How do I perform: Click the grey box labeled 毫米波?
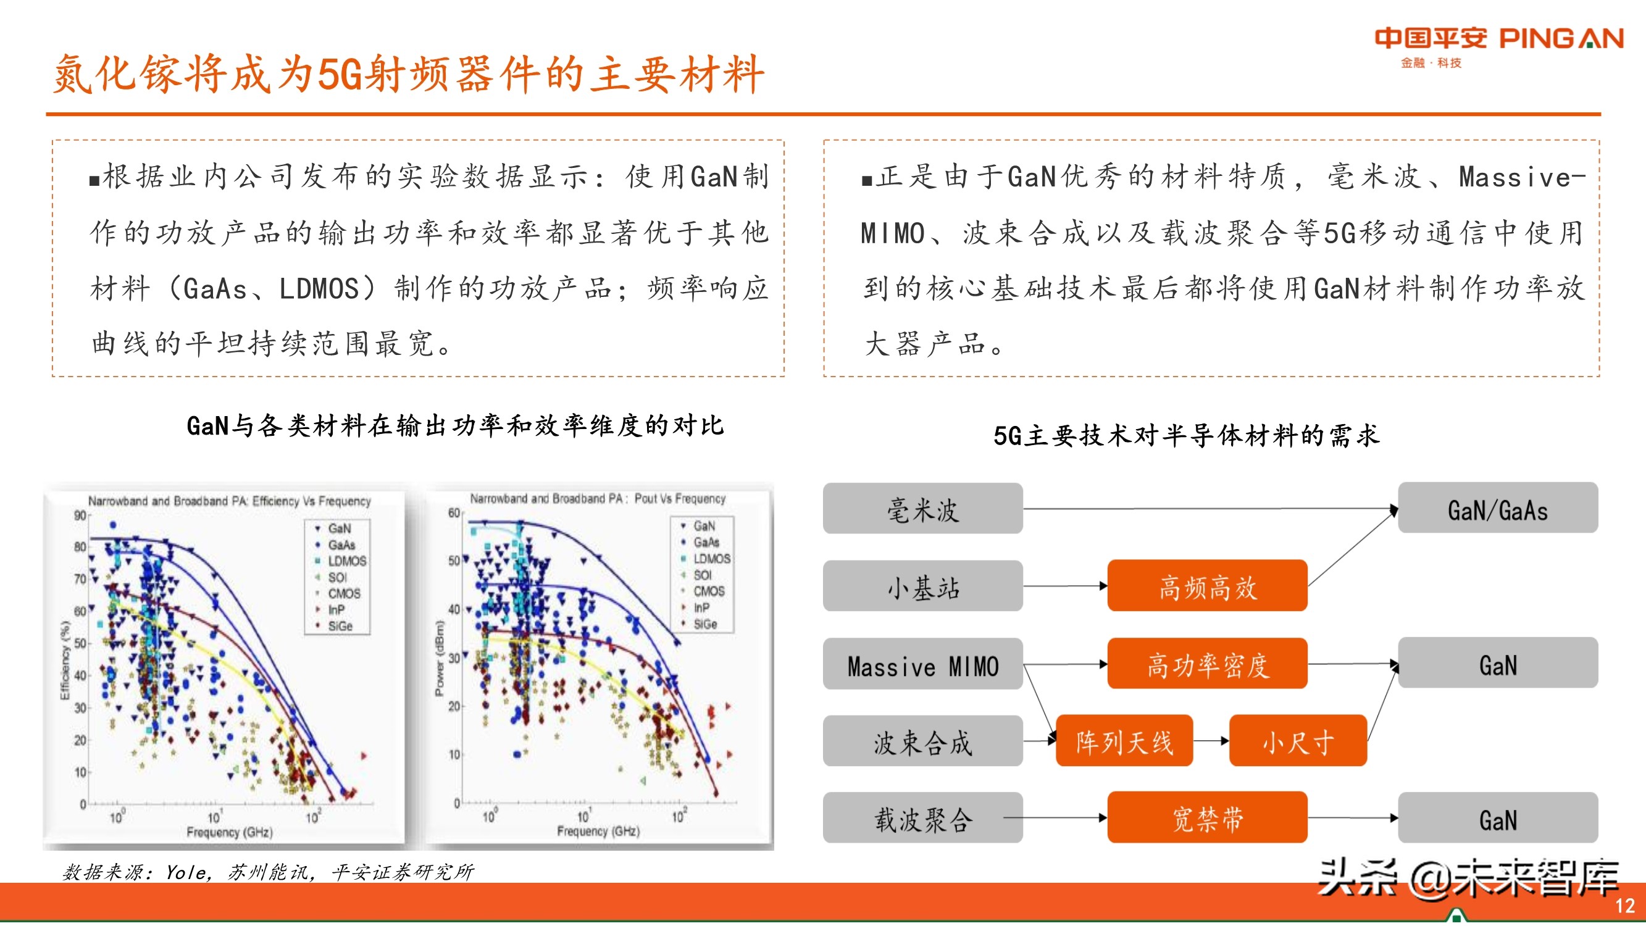[x=922, y=509]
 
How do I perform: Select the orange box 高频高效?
[x=1207, y=586]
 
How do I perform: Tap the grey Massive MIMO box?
[x=922, y=665]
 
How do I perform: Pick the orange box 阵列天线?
[x=1124, y=741]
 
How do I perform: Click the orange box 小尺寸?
[x=1297, y=741]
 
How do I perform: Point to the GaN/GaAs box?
[x=1497, y=509]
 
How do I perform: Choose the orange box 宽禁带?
[x=1207, y=818]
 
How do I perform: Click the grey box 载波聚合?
[x=922, y=818]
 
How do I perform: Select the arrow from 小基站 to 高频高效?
[x=1065, y=586]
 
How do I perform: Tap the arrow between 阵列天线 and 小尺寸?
[x=1211, y=741]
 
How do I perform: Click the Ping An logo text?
[x=1498, y=40]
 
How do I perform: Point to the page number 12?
[x=1624, y=906]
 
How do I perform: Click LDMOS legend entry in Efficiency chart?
[x=346, y=561]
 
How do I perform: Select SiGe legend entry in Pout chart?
[x=705, y=624]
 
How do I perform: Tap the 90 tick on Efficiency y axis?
[x=80, y=515]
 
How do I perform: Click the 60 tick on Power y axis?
[x=454, y=512]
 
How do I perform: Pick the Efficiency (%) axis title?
[x=65, y=661]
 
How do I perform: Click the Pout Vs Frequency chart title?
[x=598, y=498]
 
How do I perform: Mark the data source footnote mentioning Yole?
[x=269, y=872]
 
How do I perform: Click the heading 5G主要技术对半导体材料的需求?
[x=1186, y=436]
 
